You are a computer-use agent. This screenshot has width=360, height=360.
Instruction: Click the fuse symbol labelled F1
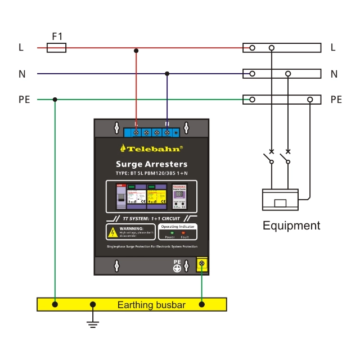(56, 48)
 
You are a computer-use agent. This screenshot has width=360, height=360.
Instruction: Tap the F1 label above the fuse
(57, 37)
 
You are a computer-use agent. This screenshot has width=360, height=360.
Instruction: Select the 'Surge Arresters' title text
(151, 164)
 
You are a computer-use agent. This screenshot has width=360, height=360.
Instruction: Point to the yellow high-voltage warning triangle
(112, 232)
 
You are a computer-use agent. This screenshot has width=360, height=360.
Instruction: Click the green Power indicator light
(172, 232)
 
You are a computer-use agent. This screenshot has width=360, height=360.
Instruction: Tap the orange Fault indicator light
(183, 232)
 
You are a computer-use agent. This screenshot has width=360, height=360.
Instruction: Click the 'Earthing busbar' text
(150, 305)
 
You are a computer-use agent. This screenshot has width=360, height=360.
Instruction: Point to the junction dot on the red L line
(136, 51)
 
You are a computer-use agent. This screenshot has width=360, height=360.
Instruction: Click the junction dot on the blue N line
(167, 74)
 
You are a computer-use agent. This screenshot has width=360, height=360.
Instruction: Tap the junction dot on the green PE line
(55, 100)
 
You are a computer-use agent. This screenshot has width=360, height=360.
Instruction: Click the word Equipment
(291, 226)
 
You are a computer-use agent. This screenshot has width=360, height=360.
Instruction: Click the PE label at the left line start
(24, 100)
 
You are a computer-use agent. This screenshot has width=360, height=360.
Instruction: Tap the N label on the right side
(334, 74)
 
